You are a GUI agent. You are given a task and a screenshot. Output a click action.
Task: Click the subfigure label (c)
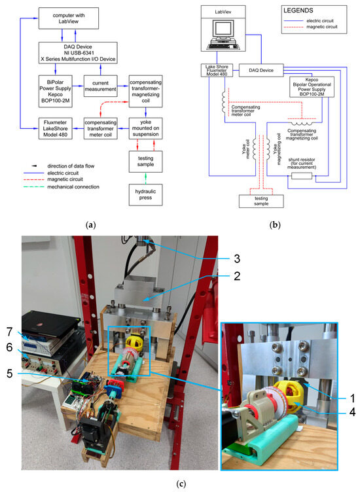point(179,484)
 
